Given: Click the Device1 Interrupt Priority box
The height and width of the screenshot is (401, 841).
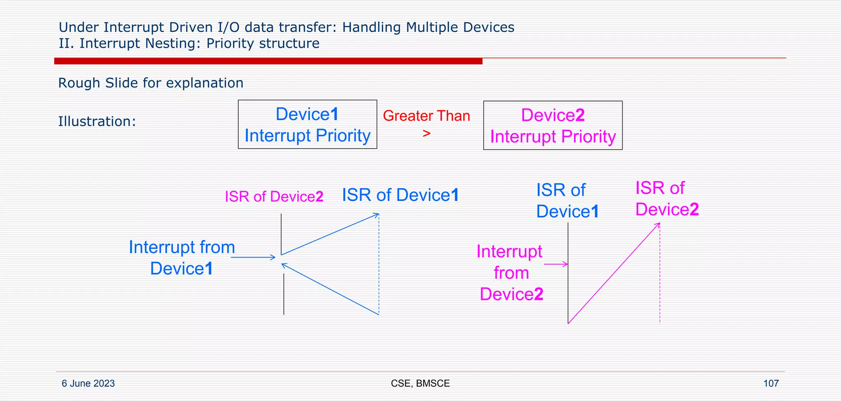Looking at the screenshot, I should click(x=307, y=124).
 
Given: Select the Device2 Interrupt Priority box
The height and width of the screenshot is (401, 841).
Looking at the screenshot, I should click(x=553, y=126).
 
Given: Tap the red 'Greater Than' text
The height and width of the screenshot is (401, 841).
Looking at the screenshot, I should click(x=426, y=116).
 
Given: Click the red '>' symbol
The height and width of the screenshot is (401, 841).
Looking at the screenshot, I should click(x=427, y=134).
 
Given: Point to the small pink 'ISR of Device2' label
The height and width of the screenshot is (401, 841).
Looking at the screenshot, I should click(x=274, y=197).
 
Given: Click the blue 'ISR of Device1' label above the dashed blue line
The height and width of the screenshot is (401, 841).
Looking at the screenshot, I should click(x=400, y=195).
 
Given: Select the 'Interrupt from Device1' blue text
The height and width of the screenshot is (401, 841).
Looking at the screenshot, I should click(x=182, y=258).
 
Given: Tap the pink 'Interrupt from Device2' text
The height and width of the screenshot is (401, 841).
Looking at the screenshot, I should click(x=510, y=273).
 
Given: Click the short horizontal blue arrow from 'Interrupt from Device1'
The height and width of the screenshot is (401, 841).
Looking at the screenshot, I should click(x=253, y=257).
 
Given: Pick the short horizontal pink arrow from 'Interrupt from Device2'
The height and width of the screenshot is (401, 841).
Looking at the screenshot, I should click(x=556, y=264).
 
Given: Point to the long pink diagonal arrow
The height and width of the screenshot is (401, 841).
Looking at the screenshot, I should click(x=614, y=273).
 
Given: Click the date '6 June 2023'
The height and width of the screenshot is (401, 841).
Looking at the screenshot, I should click(x=88, y=383).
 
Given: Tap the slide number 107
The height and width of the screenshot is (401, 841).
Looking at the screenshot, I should click(x=771, y=383).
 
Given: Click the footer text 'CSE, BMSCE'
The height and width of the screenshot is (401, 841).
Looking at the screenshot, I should click(x=420, y=383).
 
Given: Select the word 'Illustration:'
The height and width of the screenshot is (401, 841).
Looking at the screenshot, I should click(x=97, y=122).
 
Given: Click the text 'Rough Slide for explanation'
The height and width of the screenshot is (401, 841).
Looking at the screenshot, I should click(x=151, y=83).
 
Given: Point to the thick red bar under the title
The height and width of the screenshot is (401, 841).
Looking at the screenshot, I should click(x=268, y=61).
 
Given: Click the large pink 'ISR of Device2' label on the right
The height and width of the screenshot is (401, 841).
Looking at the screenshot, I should click(x=666, y=199).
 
